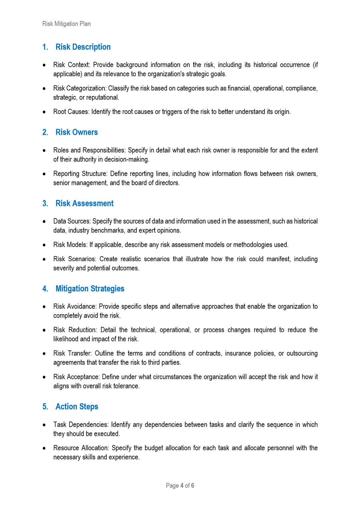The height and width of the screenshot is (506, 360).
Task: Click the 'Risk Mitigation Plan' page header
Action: [x=66, y=24]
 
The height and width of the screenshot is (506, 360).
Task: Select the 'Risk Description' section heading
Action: [x=83, y=47]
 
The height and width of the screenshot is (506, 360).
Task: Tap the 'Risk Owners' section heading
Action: [x=77, y=132]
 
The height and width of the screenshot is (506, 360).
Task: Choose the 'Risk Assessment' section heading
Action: [x=84, y=203]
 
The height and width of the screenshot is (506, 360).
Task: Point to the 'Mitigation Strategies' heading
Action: [x=90, y=288]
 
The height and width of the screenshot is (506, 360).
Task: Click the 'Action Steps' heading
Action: [x=77, y=406]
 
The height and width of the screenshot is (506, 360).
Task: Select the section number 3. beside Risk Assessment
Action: [x=45, y=203]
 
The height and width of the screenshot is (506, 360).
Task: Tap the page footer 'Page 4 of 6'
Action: [x=180, y=485]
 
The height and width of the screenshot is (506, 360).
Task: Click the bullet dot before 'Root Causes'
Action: [x=44, y=112]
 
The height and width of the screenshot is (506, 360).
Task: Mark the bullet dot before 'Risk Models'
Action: [x=44, y=245]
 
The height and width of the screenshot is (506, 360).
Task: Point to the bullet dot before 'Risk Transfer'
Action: [x=44, y=353]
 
